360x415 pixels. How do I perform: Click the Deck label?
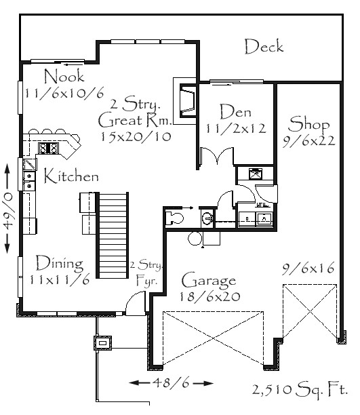click(x=264, y=47)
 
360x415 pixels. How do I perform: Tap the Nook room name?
click(x=64, y=76)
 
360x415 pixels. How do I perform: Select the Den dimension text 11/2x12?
click(x=236, y=129)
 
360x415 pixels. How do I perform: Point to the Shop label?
click(x=308, y=124)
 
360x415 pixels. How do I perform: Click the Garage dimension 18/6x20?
click(x=210, y=297)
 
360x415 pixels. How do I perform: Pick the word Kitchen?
click(x=71, y=176)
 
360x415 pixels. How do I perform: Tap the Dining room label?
click(x=59, y=263)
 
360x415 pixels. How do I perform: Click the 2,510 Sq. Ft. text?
click(x=300, y=390)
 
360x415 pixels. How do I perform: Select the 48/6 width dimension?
click(x=171, y=382)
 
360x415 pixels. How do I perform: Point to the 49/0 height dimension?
click(x=7, y=209)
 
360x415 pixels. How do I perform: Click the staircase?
click(x=113, y=235)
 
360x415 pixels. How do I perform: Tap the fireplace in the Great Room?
click(x=188, y=101)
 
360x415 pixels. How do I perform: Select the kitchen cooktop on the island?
click(x=48, y=148)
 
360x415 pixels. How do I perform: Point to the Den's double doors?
click(x=217, y=156)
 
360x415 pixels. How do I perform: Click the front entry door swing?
click(x=136, y=303)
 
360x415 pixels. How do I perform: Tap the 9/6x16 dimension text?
click(x=308, y=269)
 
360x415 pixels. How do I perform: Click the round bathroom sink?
click(x=207, y=218)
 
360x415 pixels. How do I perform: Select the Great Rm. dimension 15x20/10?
click(x=136, y=136)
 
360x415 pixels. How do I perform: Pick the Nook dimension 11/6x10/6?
click(x=64, y=93)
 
